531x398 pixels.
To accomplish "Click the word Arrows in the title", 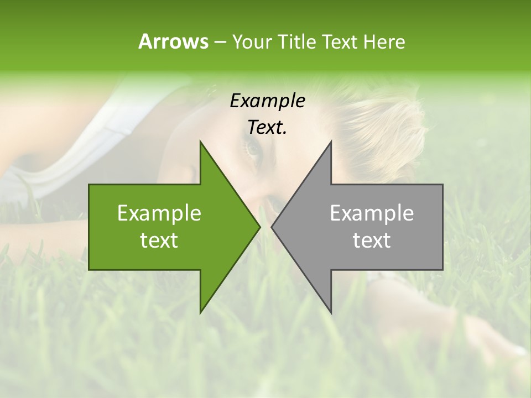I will coord(173,41).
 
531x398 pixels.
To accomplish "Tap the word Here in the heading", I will coord(384,41).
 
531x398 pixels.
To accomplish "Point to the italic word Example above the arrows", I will coord(267,101).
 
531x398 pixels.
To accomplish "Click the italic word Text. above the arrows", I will coord(267,128).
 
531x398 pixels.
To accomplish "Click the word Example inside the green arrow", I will coord(159,213).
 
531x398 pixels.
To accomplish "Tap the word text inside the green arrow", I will coord(159,240).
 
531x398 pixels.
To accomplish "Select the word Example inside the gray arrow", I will coord(372,213).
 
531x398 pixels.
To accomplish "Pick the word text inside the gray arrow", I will coord(372,240).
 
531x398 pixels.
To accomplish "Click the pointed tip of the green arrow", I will coord(259,227).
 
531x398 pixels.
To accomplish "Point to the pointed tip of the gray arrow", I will coord(272,227).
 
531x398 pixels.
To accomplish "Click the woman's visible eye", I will coord(253,148).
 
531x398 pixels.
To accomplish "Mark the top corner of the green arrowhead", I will coord(200,142).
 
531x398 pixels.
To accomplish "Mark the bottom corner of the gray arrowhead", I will coord(331,313).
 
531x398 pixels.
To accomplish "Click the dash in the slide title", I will coord(220,41).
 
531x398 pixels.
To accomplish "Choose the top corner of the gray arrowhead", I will coord(331,142).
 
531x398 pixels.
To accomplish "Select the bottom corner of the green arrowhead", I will coord(200,313).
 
